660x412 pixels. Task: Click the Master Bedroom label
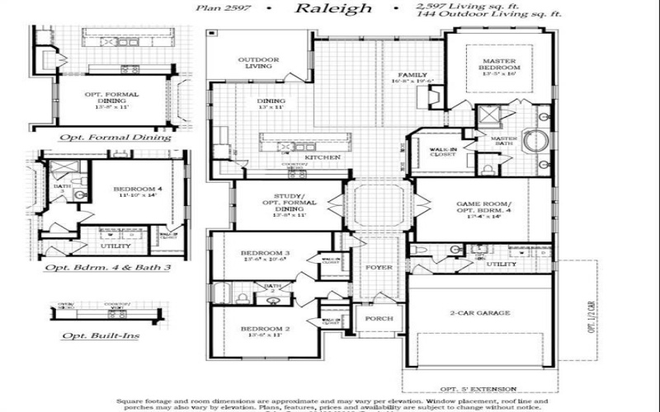501,63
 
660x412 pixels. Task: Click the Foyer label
379,268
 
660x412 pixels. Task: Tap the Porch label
379,318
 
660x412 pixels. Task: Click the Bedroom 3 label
265,253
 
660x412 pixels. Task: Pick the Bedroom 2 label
265,330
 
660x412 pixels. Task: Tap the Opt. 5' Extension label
478,389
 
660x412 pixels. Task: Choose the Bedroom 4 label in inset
134,190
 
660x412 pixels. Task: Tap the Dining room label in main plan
271,102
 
